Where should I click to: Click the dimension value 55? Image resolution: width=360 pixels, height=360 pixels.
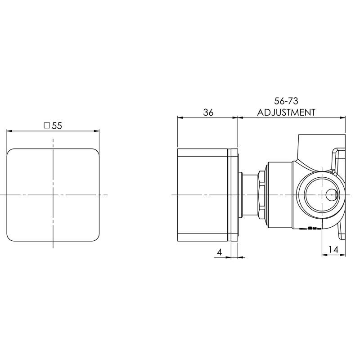tap(57, 126)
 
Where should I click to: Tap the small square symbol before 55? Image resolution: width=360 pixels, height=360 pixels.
tap(46, 126)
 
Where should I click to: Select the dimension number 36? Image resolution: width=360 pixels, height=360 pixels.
tap(207, 112)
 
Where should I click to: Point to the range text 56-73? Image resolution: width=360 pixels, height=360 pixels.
tap(286, 101)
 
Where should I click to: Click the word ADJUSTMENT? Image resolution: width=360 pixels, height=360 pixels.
tap(286, 112)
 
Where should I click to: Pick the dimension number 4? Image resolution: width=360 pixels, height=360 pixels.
tap(220, 252)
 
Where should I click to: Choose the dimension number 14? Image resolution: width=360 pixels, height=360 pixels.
tap(333, 249)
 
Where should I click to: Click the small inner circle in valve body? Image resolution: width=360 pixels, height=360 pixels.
tap(331, 195)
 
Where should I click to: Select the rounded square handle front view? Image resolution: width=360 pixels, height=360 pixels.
tap(53, 195)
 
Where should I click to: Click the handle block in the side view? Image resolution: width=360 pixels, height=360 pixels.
tap(202, 195)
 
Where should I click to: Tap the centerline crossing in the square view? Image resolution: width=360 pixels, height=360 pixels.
tap(53, 195)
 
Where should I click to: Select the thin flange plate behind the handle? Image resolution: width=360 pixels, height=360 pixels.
tap(234, 195)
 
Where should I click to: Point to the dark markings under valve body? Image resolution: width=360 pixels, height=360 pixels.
tap(310, 228)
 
